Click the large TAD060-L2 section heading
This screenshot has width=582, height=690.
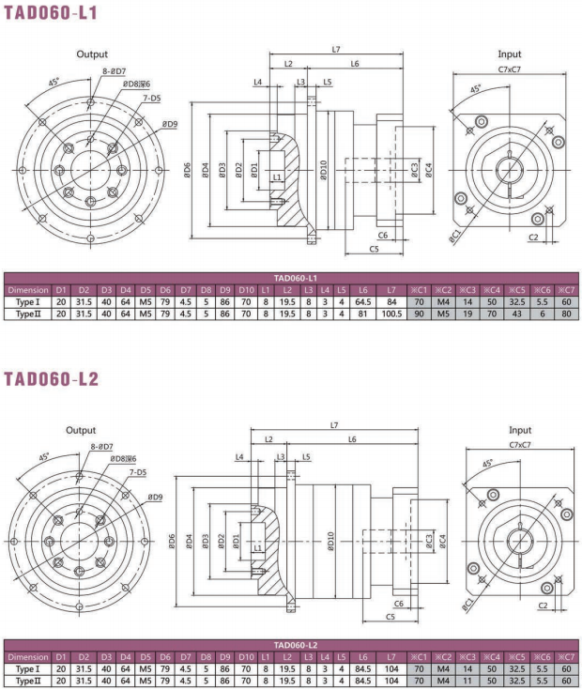pyautogui.click(x=51, y=379)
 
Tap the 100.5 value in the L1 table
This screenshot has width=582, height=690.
pyautogui.click(x=391, y=314)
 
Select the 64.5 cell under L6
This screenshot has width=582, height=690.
pyautogui.click(x=363, y=302)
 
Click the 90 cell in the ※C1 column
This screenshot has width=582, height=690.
pyautogui.click(x=420, y=314)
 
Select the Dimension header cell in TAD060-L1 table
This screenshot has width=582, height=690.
pyautogui.click(x=27, y=290)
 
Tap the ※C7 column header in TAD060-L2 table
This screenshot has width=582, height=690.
pyautogui.click(x=565, y=657)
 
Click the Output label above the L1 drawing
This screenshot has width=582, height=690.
pyautogui.click(x=92, y=54)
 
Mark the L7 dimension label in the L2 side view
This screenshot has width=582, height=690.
pyautogui.click(x=334, y=425)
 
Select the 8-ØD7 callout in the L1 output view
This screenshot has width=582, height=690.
pyautogui.click(x=115, y=71)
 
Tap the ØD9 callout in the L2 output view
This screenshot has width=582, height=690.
pyautogui.click(x=154, y=498)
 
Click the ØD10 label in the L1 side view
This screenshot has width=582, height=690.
pyautogui.click(x=323, y=169)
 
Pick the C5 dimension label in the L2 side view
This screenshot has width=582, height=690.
pyautogui.click(x=391, y=616)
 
